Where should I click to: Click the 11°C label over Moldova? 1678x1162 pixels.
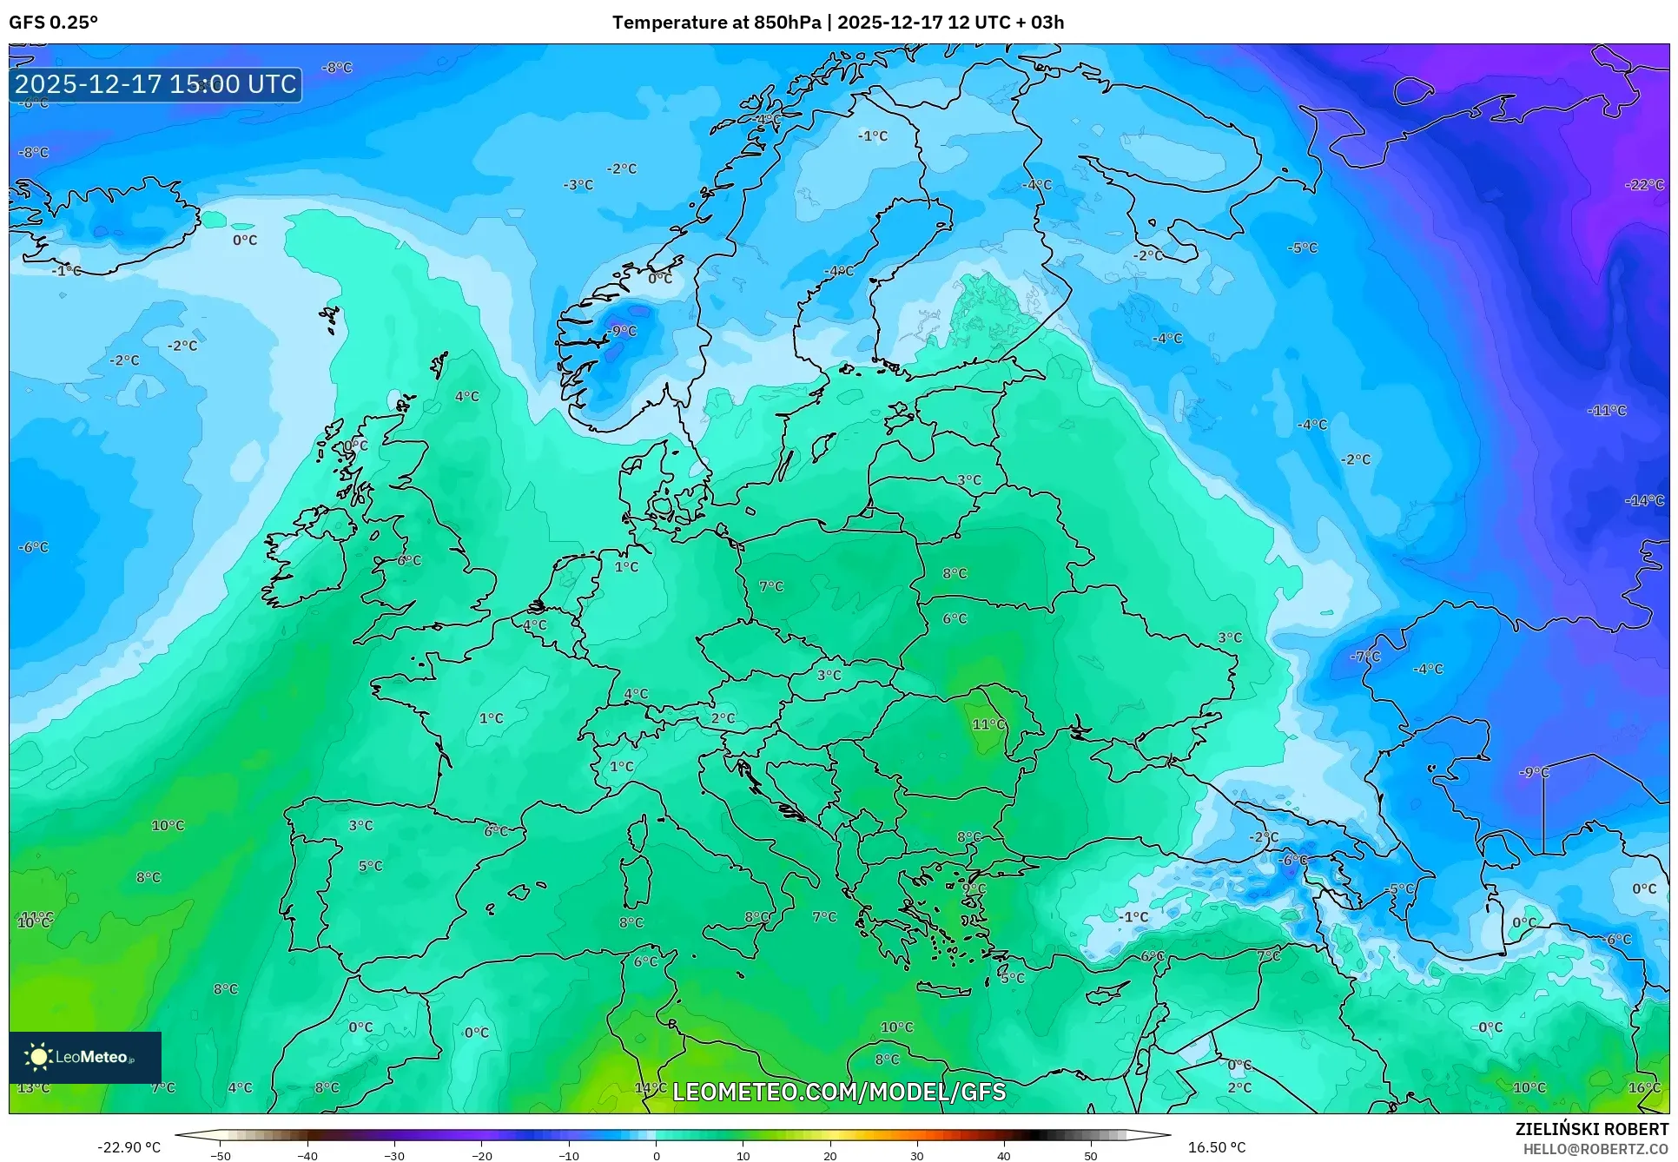(988, 724)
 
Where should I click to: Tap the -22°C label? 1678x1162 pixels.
(1644, 185)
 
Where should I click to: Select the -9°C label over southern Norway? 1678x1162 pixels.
(622, 331)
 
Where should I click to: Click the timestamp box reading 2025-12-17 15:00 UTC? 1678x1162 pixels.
(156, 84)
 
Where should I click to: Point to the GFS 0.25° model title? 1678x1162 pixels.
(53, 23)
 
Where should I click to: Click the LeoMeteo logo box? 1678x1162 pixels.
(85, 1057)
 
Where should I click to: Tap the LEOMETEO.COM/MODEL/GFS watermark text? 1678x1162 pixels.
(839, 1092)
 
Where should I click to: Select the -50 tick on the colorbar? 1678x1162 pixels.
(221, 1156)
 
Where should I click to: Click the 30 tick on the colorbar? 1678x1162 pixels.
(917, 1156)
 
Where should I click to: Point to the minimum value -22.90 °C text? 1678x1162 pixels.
(129, 1147)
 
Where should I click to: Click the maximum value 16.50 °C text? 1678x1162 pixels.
(1217, 1147)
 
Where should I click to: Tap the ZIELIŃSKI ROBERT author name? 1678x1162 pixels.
(1592, 1129)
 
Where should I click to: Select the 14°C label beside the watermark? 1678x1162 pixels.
(651, 1087)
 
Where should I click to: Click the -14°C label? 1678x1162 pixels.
(1644, 500)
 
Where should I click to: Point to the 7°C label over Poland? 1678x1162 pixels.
(771, 586)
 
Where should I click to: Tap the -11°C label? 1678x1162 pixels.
(1607, 410)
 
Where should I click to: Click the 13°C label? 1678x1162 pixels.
(33, 1087)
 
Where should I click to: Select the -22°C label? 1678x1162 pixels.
(1644, 185)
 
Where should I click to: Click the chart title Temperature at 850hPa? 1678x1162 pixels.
(716, 23)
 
